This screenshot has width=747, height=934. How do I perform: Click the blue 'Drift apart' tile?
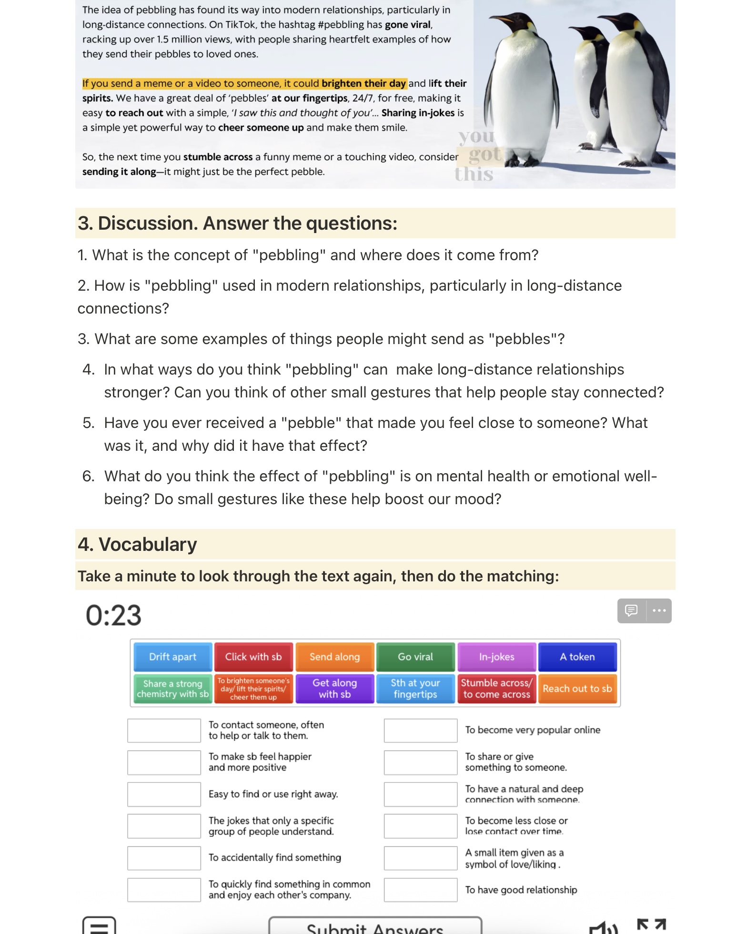[172, 657]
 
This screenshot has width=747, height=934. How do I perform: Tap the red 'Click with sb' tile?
[253, 657]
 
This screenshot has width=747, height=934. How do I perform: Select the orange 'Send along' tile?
[334, 657]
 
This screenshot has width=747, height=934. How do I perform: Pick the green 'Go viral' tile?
[415, 657]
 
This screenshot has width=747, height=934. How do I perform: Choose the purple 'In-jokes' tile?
[496, 657]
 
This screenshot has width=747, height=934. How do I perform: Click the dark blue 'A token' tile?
[577, 657]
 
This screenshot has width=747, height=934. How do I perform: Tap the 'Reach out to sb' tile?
[577, 689]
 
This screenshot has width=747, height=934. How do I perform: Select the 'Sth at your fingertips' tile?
[415, 689]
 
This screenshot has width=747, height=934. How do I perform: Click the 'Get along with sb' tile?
[334, 689]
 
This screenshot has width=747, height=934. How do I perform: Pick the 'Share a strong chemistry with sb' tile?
[172, 689]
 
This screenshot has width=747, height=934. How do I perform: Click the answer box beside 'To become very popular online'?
[420, 731]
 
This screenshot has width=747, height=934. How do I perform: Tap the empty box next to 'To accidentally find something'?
[164, 858]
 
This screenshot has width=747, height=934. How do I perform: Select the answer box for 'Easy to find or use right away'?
[164, 794]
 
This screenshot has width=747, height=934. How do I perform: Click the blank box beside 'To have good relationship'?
[420, 890]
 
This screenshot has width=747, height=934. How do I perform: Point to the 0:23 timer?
[113, 615]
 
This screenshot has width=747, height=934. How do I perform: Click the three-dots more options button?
[659, 610]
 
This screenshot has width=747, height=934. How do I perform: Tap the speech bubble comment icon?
[631, 610]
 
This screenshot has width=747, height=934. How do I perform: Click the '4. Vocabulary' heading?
[137, 544]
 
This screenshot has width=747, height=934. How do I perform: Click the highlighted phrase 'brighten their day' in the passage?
[363, 83]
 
